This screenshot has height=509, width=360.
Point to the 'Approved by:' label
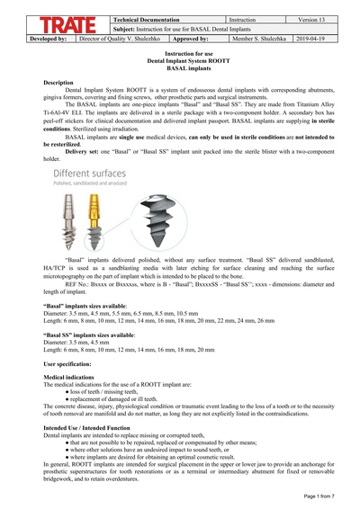[191, 40]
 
